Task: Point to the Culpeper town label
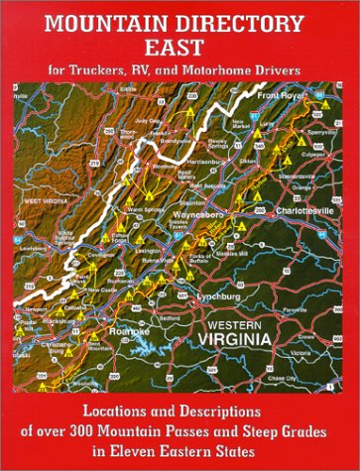317,147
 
